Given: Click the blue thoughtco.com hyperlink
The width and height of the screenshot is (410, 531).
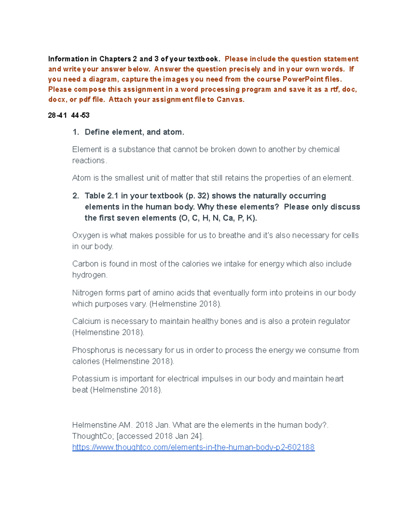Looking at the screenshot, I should [193, 447].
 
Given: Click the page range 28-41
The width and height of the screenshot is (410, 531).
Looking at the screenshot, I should [57, 116].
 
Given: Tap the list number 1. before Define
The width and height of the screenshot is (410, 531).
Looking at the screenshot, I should [76, 132].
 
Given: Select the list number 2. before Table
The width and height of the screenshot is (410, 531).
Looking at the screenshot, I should [76, 196].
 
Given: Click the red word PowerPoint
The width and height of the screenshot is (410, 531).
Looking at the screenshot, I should [303, 79].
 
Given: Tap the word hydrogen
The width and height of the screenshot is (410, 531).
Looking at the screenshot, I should [89, 275].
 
